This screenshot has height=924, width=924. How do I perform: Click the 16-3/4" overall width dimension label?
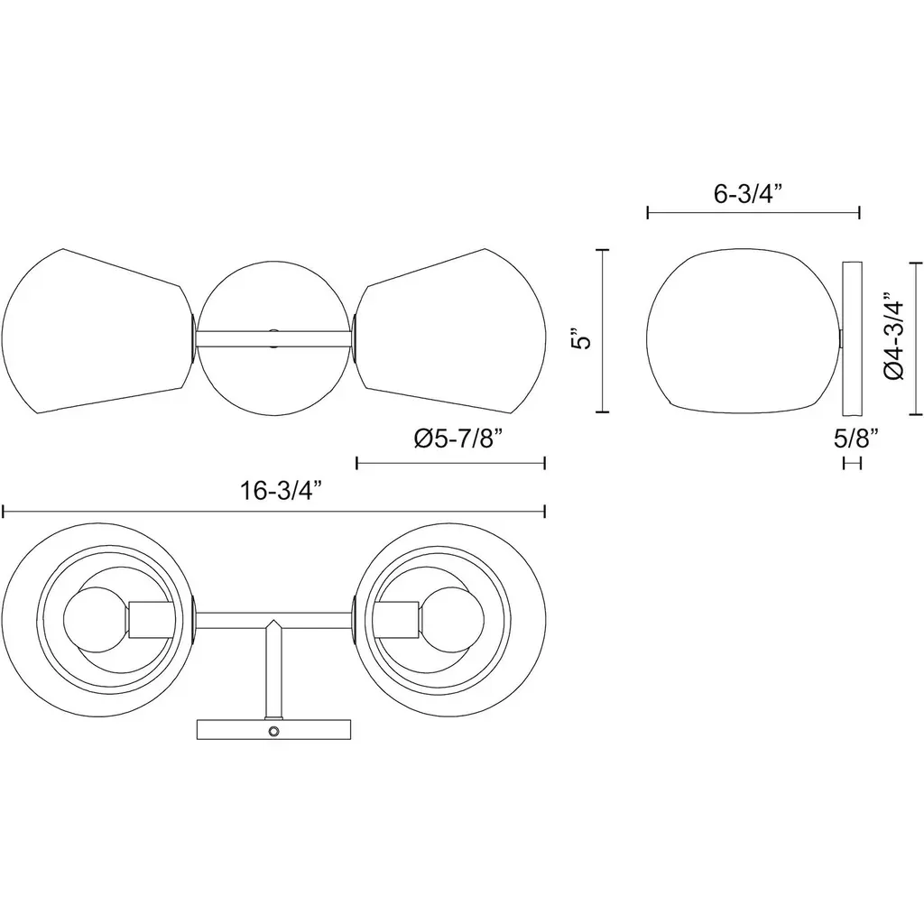click(282, 490)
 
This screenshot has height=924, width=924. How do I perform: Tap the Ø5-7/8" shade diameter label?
click(458, 439)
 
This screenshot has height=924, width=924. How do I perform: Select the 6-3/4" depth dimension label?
click(748, 194)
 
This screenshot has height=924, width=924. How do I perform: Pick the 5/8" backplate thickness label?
click(856, 439)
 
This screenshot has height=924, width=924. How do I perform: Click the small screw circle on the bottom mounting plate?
click(273, 731)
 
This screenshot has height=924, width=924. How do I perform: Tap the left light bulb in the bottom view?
click(94, 620)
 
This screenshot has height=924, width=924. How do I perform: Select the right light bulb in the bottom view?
click(452, 620)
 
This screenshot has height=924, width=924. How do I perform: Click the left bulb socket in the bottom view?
click(150, 620)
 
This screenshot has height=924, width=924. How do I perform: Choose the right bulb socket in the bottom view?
click(397, 620)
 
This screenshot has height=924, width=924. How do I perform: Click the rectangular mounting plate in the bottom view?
click(273, 729)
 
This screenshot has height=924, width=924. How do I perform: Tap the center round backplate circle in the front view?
click(273, 338)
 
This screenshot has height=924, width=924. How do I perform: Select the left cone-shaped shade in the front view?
click(97, 331)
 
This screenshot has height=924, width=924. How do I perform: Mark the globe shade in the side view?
click(744, 330)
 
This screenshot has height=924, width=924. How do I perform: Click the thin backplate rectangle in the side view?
click(853, 338)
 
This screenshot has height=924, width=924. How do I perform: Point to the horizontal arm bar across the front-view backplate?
click(273, 338)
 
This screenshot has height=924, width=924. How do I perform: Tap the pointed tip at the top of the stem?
click(273, 620)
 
